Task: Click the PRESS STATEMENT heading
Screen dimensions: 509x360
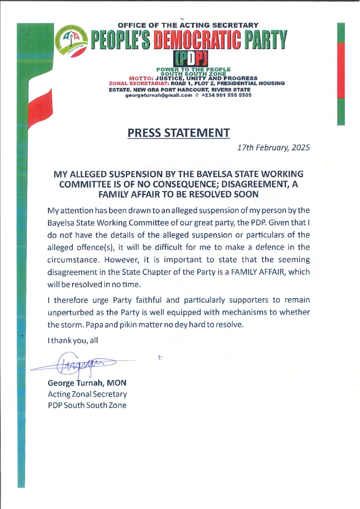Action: point(178,133)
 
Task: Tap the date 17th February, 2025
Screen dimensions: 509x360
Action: point(273,148)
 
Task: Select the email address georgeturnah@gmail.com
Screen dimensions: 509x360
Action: point(159,95)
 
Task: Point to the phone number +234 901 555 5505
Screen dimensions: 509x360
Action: point(226,95)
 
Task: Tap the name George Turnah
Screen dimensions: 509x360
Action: point(75,383)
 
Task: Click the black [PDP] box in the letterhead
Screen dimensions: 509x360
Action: point(190,59)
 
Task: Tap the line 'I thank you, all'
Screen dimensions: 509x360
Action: point(73,340)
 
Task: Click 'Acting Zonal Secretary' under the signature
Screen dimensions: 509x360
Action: point(87,394)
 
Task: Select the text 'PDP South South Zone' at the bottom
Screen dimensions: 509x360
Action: point(87,405)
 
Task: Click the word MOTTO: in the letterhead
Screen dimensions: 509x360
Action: point(142,78)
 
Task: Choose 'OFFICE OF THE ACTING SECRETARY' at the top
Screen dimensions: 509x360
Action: point(188,25)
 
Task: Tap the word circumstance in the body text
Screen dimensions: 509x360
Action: point(73,260)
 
